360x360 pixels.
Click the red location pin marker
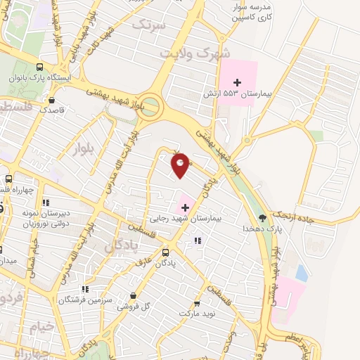181,165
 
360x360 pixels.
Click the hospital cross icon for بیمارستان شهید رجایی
185,207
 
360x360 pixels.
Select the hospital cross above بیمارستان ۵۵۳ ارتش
237,82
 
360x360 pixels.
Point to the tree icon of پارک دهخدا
263,218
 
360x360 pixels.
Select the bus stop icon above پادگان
165,252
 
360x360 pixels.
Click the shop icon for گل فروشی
134,297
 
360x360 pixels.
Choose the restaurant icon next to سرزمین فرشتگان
85,288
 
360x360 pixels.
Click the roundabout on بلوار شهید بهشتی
150,107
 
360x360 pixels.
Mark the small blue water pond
302,273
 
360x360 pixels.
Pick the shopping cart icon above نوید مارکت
197,303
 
